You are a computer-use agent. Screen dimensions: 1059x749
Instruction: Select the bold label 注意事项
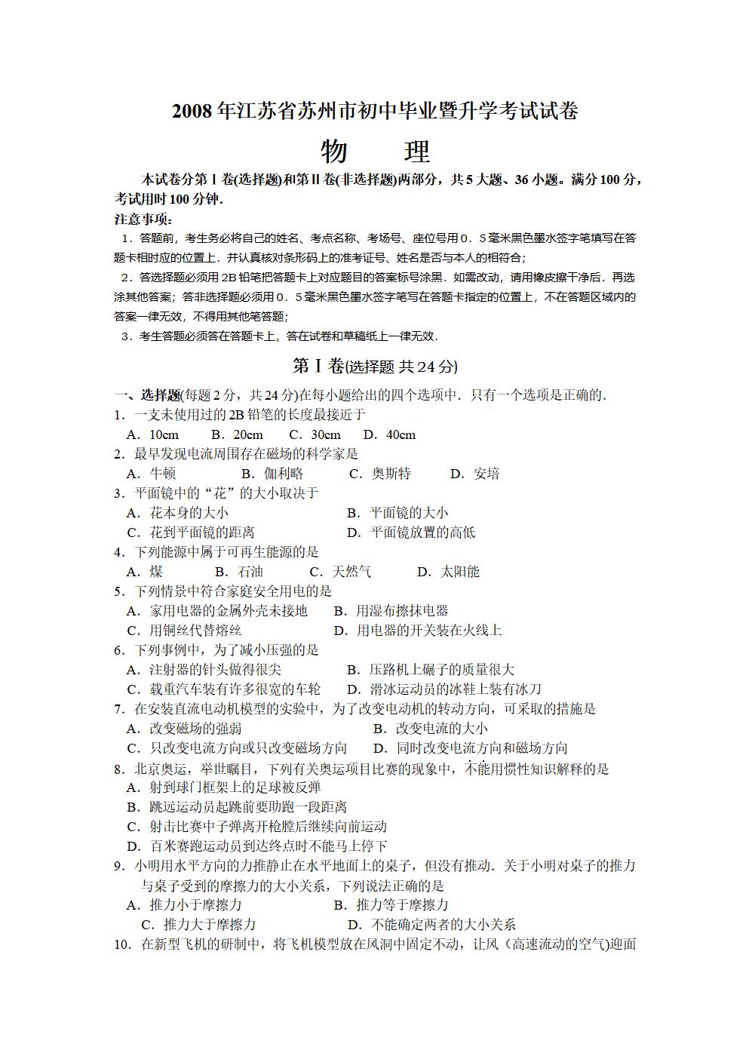(x=143, y=219)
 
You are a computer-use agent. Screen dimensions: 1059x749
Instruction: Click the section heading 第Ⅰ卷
(x=318, y=367)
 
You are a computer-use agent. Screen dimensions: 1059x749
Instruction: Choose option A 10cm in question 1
(x=154, y=434)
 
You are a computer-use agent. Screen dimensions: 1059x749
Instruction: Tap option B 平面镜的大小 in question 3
(x=398, y=513)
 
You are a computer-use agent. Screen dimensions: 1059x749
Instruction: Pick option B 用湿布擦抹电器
(x=391, y=611)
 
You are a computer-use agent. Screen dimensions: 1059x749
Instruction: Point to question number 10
(x=123, y=944)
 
